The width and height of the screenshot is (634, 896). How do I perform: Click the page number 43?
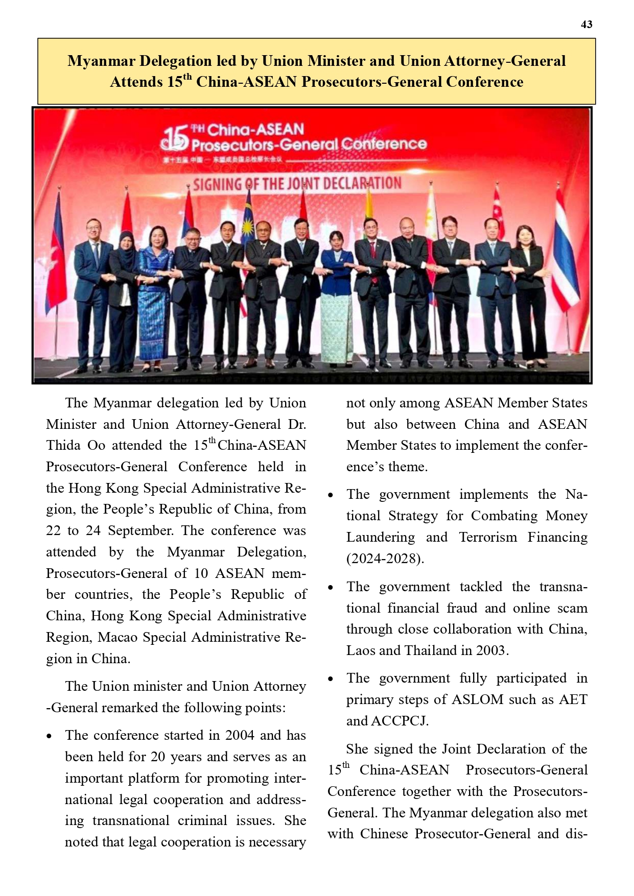click(x=586, y=25)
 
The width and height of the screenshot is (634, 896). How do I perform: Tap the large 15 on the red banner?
click(x=175, y=138)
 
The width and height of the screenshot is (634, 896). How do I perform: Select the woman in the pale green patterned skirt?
click(x=337, y=301)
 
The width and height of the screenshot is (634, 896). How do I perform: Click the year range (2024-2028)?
click(x=385, y=559)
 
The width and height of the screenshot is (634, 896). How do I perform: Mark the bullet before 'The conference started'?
click(x=49, y=736)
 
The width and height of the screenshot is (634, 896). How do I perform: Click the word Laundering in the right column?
click(x=381, y=537)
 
